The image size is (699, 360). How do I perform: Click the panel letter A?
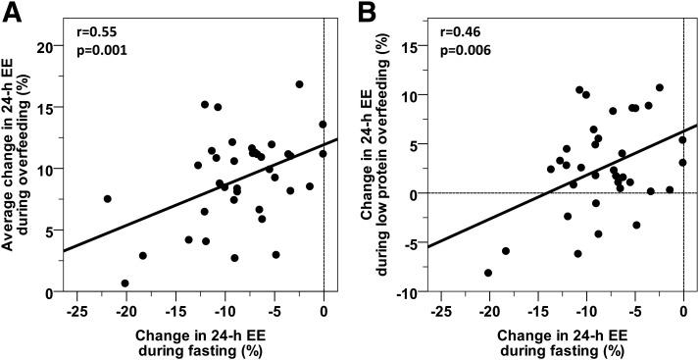click(x=12, y=12)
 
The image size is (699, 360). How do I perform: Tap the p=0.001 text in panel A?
click(x=102, y=48)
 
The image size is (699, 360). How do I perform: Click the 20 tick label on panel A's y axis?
click(x=44, y=46)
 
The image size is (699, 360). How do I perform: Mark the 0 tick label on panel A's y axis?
click(x=49, y=292)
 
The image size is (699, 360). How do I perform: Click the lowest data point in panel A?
click(x=125, y=283)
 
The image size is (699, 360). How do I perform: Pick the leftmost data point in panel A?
click(x=107, y=199)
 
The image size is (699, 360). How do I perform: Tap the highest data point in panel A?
click(x=299, y=84)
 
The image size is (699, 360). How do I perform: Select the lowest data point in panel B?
click(x=488, y=273)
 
